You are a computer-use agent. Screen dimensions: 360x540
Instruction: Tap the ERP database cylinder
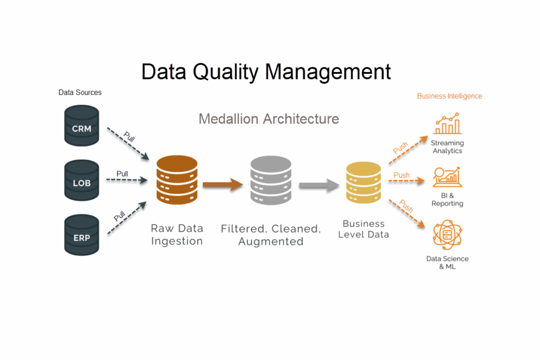point(81,235)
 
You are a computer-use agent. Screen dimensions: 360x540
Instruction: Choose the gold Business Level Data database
point(363,182)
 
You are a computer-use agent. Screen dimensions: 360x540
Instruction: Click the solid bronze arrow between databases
point(223,184)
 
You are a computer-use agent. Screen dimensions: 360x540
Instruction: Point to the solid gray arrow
point(319,185)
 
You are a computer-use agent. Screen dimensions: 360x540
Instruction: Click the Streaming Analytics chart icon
point(447,124)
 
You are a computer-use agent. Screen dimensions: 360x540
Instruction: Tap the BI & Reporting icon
point(447,178)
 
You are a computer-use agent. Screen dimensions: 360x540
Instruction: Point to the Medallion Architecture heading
point(268,119)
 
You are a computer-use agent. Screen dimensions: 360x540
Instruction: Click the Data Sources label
point(80,92)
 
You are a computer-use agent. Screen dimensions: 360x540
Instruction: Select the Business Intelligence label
point(449,96)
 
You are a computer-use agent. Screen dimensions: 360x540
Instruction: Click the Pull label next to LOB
point(122,174)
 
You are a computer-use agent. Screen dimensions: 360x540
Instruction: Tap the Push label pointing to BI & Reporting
point(401,175)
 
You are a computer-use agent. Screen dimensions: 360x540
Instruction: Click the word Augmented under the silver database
point(271,242)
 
